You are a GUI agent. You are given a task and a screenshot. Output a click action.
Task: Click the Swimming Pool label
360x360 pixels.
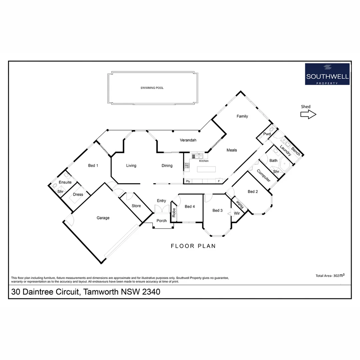(152, 88)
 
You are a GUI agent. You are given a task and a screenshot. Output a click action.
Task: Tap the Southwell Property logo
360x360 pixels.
(327, 74)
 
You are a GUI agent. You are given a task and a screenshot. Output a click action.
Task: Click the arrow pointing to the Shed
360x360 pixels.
(308, 115)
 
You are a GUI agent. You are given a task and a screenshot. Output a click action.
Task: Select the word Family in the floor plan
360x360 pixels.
(242, 116)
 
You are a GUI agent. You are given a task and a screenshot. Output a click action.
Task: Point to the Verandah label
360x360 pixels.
(188, 140)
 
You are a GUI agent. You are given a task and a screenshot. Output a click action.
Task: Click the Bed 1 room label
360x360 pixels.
(93, 166)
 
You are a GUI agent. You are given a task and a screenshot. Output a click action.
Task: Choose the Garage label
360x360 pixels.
(103, 218)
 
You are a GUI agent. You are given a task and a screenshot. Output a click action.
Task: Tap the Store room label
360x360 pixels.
(136, 206)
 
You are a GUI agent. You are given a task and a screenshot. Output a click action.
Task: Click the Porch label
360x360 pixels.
(162, 221)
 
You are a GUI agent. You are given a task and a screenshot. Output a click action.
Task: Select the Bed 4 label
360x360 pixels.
(190, 207)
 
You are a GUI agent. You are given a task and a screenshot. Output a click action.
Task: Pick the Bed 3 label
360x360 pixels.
(217, 210)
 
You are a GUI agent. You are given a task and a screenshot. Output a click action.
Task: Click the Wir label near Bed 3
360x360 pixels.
(237, 213)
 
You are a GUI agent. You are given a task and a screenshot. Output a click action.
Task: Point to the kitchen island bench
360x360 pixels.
(206, 169)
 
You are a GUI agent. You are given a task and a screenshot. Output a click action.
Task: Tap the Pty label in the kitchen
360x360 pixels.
(188, 181)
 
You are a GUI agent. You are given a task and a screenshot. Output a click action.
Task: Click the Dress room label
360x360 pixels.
(78, 195)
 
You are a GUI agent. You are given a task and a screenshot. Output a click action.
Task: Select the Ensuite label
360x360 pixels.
(65, 182)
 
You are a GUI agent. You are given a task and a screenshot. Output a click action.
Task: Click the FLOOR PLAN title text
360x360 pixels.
(193, 246)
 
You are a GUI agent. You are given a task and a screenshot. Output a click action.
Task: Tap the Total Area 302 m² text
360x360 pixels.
(330, 276)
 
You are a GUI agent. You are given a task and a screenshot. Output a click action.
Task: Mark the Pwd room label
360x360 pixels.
(267, 134)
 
